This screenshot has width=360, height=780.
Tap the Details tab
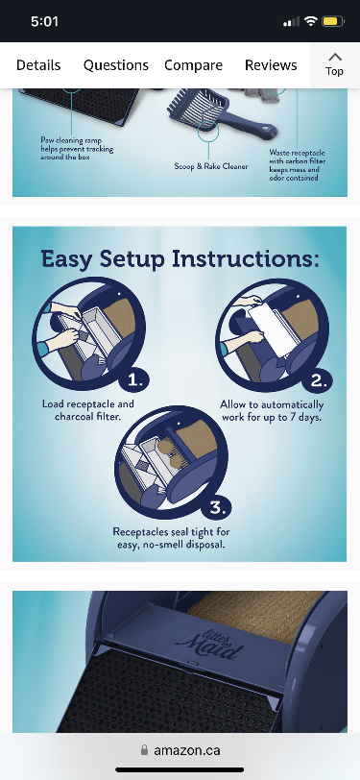38,65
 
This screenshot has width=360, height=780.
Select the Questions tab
116,65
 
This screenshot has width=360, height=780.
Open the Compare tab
193,65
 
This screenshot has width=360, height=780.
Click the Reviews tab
271,65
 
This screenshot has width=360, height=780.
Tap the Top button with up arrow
335,64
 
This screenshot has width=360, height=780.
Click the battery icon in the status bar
333,21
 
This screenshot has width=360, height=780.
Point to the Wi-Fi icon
311,21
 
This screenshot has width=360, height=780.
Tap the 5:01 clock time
45,21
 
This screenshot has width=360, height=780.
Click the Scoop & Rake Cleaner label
211,166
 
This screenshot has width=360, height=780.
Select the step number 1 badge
134,381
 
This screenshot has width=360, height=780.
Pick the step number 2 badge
318,381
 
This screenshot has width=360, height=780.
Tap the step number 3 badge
216,508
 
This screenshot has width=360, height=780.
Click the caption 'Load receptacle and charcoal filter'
88,410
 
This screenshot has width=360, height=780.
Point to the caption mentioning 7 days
272,410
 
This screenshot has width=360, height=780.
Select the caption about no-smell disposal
171,538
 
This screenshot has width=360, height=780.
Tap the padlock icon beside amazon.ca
144,749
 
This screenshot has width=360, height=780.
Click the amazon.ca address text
187,750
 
